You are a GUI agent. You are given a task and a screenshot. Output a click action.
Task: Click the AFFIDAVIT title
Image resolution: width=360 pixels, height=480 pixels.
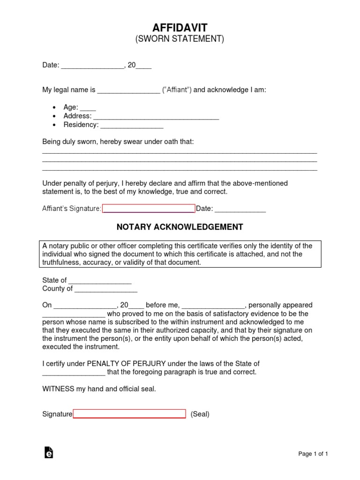(180, 28)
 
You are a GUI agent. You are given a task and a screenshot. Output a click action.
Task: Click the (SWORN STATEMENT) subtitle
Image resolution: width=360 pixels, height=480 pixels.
(180, 40)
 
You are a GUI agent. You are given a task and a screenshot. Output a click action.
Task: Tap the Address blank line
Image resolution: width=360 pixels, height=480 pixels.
(157, 116)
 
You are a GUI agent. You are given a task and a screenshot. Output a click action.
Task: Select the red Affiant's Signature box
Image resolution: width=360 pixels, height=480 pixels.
(149, 209)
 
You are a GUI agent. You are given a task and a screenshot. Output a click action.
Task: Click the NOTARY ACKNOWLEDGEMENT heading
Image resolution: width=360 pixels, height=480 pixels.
(180, 227)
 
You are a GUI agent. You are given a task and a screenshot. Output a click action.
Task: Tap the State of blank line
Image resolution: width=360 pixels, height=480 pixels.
(100, 281)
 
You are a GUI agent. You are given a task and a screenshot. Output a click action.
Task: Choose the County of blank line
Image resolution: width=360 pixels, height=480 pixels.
(106, 289)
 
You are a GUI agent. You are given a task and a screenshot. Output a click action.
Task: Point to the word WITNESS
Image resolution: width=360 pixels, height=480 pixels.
(57, 389)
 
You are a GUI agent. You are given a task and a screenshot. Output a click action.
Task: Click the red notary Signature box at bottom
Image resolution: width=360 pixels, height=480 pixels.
(129, 414)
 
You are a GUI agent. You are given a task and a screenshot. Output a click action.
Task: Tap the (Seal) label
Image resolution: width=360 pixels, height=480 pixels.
(200, 414)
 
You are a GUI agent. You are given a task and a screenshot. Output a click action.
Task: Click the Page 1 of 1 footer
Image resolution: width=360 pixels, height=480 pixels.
(313, 454)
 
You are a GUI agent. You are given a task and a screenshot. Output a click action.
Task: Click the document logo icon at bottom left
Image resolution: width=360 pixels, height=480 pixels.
(48, 452)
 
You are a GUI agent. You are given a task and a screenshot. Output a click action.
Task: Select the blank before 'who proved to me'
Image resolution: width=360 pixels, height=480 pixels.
(74, 314)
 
